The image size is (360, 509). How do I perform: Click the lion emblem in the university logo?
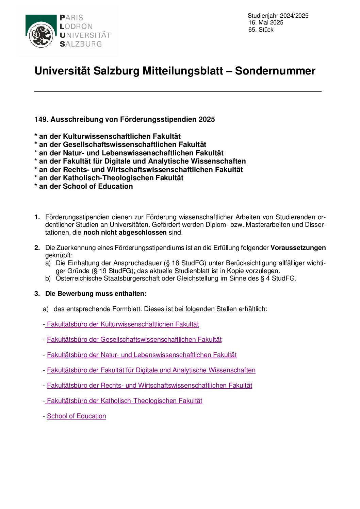pyautogui.click(x=41, y=35)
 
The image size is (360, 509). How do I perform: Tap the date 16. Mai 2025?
pyautogui.click(x=266, y=22)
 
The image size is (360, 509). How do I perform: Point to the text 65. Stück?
pyautogui.click(x=261, y=30)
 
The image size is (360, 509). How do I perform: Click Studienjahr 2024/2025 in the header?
pyautogui.click(x=278, y=16)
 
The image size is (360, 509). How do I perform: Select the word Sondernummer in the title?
pyautogui.click(x=275, y=71)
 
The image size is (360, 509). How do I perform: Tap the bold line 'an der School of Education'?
pyautogui.click(x=86, y=186)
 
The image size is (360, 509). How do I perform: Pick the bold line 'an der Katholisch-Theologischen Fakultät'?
pyautogui.click(x=111, y=178)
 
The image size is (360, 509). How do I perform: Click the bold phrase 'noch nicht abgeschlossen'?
pyautogui.click(x=125, y=233)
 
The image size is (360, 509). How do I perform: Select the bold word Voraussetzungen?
pyautogui.click(x=298, y=248)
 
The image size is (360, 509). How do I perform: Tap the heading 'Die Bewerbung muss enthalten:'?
pyautogui.click(x=96, y=294)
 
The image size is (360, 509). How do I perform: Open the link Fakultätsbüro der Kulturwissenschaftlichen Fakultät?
pyautogui.click(x=122, y=324)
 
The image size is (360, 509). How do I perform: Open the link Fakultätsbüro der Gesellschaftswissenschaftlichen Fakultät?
pyautogui.click(x=134, y=340)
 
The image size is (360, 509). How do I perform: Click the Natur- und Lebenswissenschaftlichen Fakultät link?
pyautogui.click(x=142, y=355)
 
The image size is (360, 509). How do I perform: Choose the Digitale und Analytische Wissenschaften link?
pyautogui.click(x=151, y=370)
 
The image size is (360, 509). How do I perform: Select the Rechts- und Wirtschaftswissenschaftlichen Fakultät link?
pyautogui.click(x=149, y=386)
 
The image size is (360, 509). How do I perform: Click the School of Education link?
pyautogui.click(x=77, y=416)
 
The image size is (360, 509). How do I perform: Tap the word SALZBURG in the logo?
pyautogui.click(x=81, y=44)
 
